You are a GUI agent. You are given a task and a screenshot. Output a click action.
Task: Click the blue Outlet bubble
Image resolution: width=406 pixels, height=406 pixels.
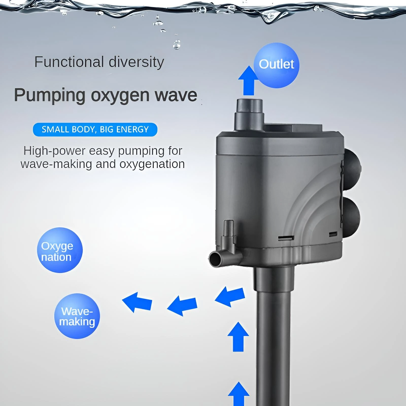[276, 65]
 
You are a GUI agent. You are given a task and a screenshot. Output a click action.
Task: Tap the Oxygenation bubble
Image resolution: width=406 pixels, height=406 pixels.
[60, 250]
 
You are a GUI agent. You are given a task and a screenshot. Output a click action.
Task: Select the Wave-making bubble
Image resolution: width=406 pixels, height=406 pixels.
[77, 316]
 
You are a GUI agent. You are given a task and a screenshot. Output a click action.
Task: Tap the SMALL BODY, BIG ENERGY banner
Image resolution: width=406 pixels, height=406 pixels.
[95, 129]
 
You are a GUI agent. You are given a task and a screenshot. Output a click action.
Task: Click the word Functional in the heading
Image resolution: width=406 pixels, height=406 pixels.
[69, 62]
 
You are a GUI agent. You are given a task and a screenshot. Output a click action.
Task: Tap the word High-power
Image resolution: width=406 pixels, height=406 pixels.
[54, 151]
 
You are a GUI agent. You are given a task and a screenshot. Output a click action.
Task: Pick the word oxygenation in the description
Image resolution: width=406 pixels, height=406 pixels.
[152, 164]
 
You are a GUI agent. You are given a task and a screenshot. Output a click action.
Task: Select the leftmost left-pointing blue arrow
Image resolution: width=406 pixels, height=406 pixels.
[137, 302]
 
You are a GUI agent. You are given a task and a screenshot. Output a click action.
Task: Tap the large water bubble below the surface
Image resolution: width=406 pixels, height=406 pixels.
[177, 45]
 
